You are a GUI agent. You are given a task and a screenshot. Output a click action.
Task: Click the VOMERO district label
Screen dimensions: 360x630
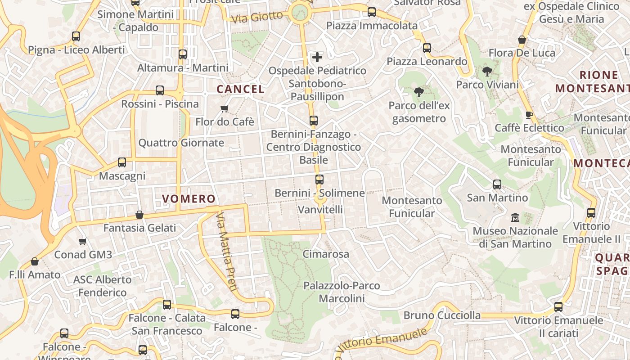point(189,198)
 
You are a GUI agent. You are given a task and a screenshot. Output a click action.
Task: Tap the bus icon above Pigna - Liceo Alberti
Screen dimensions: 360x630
point(76,36)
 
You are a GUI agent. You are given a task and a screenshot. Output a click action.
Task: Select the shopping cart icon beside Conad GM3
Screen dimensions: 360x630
point(82,242)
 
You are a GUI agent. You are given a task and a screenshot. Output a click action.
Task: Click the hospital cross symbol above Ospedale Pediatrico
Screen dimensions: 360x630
point(317,57)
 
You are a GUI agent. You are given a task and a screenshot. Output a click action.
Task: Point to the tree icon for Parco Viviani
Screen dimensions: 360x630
point(487,71)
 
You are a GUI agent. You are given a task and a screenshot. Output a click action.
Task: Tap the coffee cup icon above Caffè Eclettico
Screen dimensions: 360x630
point(529,115)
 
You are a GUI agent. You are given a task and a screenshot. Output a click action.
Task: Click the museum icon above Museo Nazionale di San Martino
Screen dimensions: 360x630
point(515,218)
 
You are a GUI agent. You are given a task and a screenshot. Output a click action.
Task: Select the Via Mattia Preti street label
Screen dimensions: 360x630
point(226,252)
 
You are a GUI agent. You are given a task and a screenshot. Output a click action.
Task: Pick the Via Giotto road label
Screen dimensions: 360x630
point(257,17)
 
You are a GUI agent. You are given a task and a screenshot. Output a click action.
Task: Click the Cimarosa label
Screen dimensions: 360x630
point(326,254)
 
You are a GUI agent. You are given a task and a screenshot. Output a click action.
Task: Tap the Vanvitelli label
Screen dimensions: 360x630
point(320,209)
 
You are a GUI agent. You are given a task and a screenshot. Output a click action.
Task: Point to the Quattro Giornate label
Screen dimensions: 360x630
point(181,143)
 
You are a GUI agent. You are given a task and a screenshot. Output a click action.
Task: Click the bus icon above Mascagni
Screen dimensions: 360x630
point(122,162)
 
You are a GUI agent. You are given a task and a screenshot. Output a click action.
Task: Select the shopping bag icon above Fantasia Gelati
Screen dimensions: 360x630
point(139,215)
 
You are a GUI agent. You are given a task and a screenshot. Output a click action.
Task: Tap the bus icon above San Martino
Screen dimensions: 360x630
point(497,184)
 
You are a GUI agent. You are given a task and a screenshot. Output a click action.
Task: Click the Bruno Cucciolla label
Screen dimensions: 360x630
point(442,315)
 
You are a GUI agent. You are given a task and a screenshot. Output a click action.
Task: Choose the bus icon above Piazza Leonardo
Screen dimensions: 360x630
point(427,48)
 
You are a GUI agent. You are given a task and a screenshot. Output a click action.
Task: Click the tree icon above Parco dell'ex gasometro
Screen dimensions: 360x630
point(419,92)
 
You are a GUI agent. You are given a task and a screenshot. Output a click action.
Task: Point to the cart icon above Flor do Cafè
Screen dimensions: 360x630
point(225,108)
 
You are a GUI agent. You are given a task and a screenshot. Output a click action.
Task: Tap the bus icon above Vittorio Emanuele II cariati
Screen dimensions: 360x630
point(558,307)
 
